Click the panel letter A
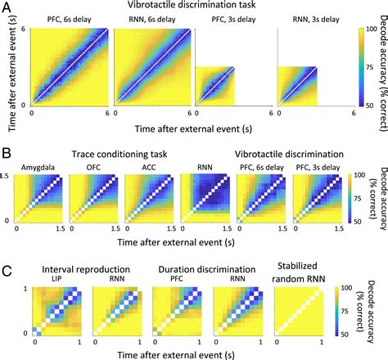pos(7,7)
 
